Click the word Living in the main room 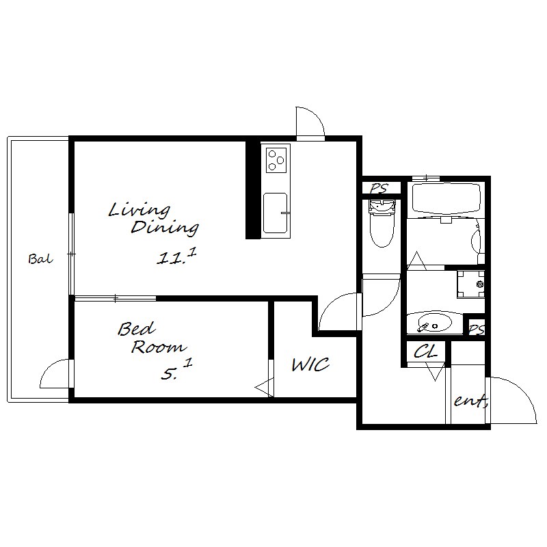139,210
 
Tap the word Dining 165,228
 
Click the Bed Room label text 152,338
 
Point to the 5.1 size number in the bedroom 176,370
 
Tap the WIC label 310,364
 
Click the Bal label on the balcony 40,259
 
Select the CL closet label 425,351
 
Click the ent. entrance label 470,401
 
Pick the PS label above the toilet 379,189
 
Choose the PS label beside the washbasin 476,329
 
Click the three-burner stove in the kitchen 276,159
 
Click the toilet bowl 382,224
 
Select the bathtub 446,200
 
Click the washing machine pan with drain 471,284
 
